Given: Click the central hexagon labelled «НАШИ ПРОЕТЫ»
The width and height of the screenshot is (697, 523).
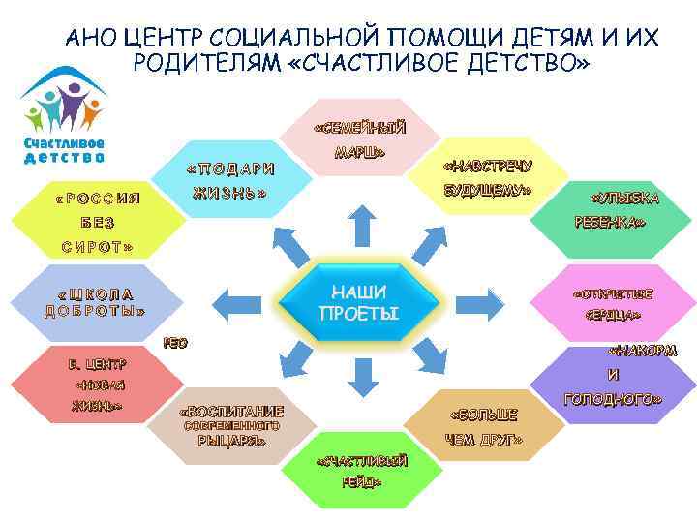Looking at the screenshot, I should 358,302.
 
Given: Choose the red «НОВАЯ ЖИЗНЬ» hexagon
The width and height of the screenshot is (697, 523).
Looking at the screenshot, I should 97,385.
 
